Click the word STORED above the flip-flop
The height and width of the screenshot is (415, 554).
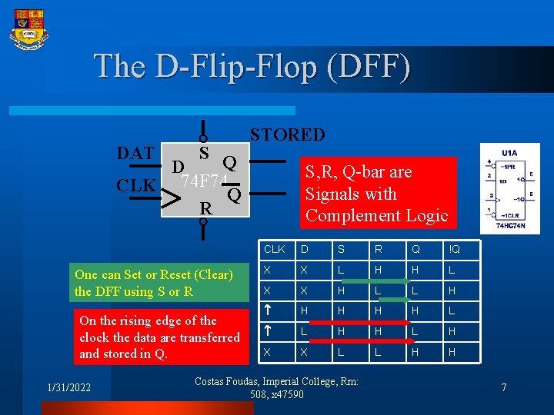(287, 134)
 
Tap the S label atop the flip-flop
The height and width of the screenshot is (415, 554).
(205, 152)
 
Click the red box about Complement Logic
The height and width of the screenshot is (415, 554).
(376, 194)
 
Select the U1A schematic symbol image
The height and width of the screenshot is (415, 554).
(509, 188)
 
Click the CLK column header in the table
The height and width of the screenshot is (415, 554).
(275, 249)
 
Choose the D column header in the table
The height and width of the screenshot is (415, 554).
(305, 249)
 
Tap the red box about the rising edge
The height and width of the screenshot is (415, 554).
(159, 337)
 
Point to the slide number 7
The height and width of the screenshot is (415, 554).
(504, 387)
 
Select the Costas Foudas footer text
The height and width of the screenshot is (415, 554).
(277, 387)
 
